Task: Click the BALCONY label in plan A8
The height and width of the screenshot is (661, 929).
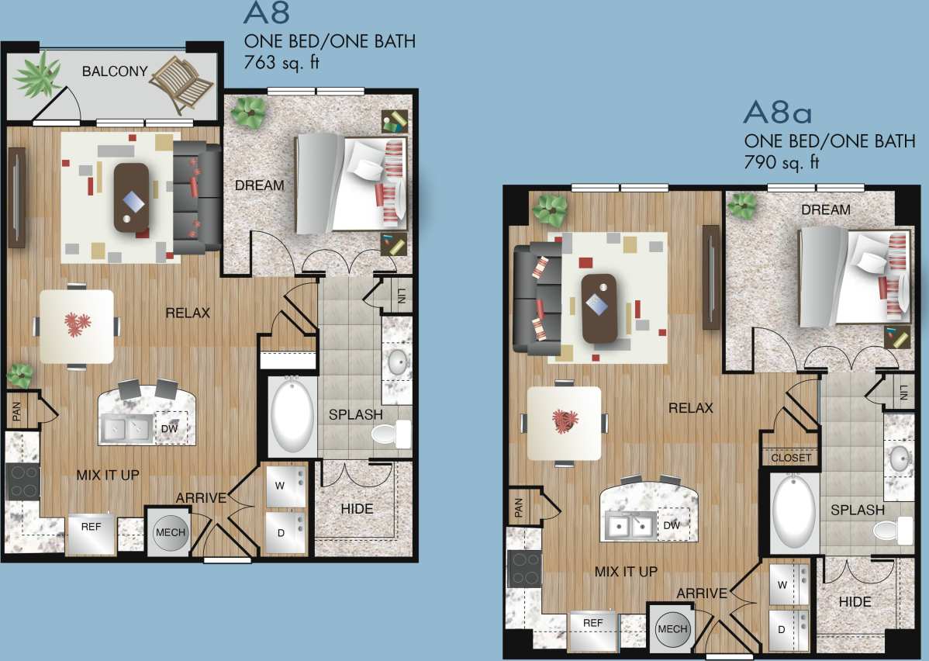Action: click(115, 71)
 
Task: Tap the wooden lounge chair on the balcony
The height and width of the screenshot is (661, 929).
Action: click(181, 83)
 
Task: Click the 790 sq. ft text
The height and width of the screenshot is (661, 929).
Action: click(782, 162)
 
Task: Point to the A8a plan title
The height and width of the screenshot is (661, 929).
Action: click(777, 113)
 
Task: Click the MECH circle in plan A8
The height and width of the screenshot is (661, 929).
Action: click(170, 532)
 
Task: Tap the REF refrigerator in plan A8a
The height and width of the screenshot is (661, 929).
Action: click(593, 623)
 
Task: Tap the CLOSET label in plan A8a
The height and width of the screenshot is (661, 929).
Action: click(791, 458)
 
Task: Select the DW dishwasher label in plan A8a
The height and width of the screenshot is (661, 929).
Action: click(672, 525)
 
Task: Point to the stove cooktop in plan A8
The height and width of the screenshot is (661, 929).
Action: click(22, 480)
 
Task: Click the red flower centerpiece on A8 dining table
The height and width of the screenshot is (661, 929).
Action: click(77, 324)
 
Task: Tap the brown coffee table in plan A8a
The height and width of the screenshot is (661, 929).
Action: click(599, 307)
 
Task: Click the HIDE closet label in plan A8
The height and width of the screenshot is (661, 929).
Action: click(357, 509)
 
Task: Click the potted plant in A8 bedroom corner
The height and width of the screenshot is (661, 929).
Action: click(250, 112)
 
